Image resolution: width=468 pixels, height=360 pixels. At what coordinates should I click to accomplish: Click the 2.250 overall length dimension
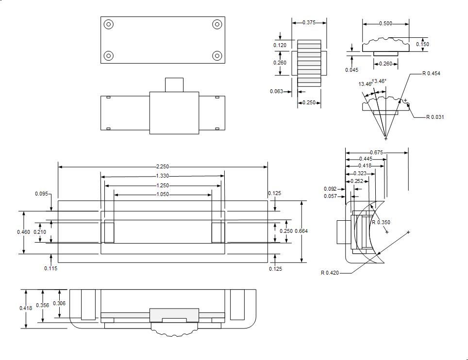pyautogui.click(x=163, y=167)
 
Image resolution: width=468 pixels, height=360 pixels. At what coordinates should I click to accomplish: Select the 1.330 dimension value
pyautogui.click(x=163, y=176)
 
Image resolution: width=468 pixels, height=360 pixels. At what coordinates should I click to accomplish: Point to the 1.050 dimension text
pyautogui.click(x=163, y=195)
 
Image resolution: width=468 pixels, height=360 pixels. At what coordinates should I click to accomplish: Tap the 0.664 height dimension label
pyautogui.click(x=301, y=231)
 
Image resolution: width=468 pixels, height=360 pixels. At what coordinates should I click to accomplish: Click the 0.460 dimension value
pyautogui.click(x=23, y=232)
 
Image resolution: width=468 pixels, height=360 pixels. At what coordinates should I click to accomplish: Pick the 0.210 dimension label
pyautogui.click(x=40, y=232)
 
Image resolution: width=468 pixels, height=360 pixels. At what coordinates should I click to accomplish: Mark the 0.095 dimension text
pyautogui.click(x=42, y=194)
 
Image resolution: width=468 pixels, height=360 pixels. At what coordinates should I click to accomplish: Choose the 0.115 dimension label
pyautogui.click(x=50, y=268)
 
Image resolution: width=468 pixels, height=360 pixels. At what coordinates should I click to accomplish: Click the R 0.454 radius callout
pyautogui.click(x=431, y=73)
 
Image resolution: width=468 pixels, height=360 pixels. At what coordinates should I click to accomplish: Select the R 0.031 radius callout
pyautogui.click(x=435, y=117)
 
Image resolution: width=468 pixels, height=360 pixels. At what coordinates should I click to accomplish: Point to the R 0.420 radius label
pyautogui.click(x=330, y=273)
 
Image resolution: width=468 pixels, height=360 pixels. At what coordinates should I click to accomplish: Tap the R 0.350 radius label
pyautogui.click(x=381, y=222)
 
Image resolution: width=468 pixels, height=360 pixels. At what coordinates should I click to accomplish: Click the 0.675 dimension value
pyautogui.click(x=376, y=153)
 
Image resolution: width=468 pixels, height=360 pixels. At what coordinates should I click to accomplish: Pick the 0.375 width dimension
pyautogui.click(x=309, y=22)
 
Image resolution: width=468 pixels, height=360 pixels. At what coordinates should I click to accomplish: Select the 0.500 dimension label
pyautogui.click(x=386, y=23)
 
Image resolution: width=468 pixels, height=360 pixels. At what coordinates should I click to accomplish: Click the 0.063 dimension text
pyautogui.click(x=276, y=91)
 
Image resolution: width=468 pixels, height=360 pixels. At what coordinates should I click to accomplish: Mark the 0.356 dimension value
pyautogui.click(x=43, y=306)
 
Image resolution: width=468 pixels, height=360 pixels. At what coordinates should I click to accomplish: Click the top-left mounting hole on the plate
pyautogui.click(x=109, y=24)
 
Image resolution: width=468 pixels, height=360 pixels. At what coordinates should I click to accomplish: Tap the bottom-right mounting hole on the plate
pyautogui.click(x=217, y=56)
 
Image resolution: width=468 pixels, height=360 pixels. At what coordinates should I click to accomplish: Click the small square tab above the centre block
pyautogui.click(x=174, y=84)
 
